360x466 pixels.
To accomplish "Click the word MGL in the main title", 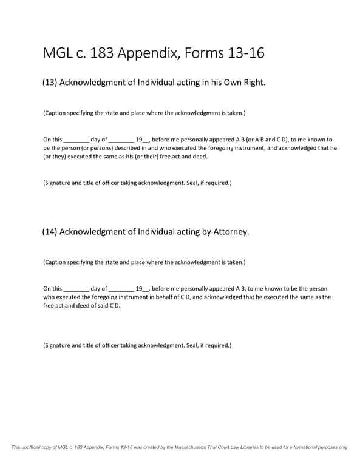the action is [59, 53].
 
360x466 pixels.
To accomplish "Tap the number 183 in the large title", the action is [100, 53].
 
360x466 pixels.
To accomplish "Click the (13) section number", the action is [50, 82].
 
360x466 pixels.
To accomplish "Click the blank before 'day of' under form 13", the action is [76, 140].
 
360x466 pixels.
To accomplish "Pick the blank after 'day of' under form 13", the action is [121, 140].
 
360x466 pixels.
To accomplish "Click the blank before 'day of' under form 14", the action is [76, 289].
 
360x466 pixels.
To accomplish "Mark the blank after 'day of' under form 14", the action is [121, 289].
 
